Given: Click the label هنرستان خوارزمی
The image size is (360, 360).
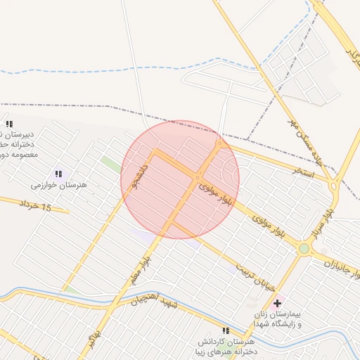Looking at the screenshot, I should tap(58, 185).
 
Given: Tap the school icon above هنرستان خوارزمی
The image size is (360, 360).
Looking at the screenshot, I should tap(58, 174).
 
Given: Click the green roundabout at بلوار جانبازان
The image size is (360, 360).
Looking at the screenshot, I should tap(304, 248).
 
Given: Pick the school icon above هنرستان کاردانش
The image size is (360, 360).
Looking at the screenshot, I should tap(226, 330).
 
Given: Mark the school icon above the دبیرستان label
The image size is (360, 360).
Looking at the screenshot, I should tap(9, 124).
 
